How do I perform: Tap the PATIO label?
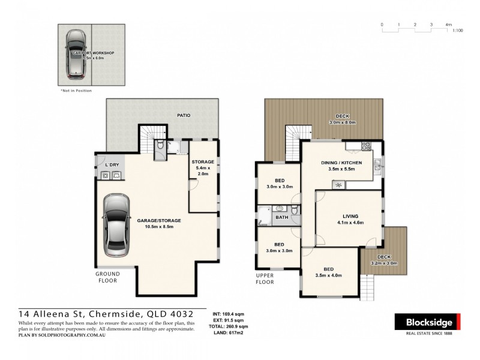(x=184, y=115)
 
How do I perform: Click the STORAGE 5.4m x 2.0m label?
(x=203, y=168)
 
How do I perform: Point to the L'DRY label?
(x=111, y=164)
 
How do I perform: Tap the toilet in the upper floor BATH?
(x=295, y=209)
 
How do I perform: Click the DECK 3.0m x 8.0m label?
(x=342, y=119)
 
